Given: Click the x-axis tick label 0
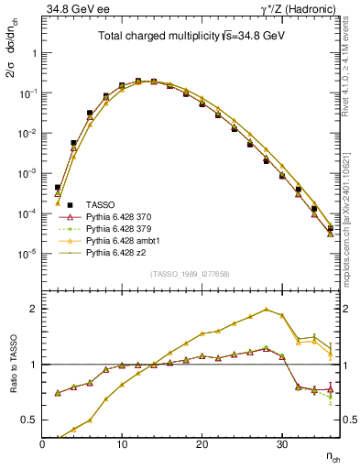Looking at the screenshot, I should pos(42,443).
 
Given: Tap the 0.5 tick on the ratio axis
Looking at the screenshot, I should pos(30,420).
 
